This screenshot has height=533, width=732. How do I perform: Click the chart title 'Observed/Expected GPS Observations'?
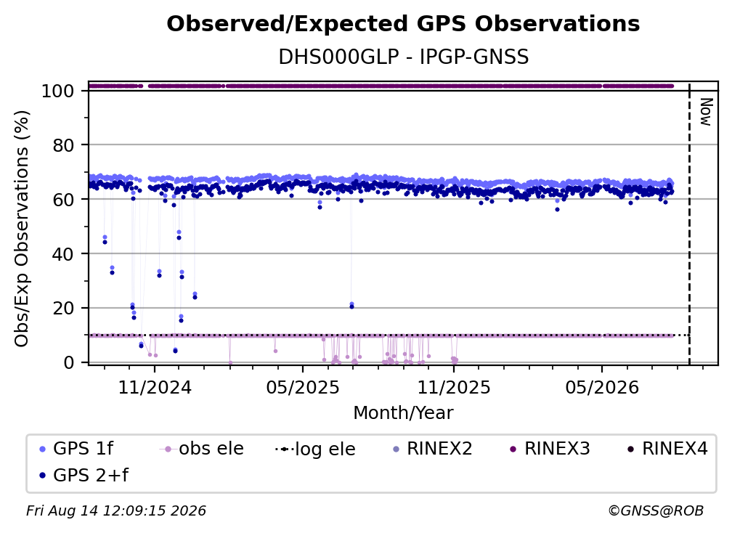click(403, 24)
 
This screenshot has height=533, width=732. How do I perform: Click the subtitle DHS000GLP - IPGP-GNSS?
click(403, 57)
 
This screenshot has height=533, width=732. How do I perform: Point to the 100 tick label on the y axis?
click(58, 91)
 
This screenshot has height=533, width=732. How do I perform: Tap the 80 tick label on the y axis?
click(63, 145)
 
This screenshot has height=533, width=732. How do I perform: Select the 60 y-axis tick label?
click(63, 199)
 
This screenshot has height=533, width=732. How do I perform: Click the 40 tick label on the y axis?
click(63, 254)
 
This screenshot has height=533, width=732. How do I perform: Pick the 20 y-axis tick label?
click(63, 308)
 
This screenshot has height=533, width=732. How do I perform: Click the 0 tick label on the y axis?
click(69, 362)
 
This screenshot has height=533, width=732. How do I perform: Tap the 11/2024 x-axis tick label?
click(155, 387)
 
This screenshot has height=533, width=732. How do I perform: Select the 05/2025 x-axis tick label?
click(303, 387)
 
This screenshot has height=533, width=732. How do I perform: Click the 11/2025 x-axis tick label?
click(454, 387)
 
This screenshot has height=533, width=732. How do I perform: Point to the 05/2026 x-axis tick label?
click(602, 387)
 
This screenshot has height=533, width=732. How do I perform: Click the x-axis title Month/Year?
click(403, 412)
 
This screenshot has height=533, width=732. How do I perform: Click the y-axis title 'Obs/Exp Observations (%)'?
click(22, 228)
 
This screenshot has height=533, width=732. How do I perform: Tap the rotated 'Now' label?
click(706, 112)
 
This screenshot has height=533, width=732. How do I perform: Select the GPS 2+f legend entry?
click(84, 475)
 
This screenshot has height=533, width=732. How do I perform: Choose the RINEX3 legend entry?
click(550, 449)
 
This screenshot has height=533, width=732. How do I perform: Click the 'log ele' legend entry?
click(316, 449)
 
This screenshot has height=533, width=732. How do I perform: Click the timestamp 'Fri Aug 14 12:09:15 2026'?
click(115, 510)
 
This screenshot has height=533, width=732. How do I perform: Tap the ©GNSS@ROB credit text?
click(656, 510)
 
